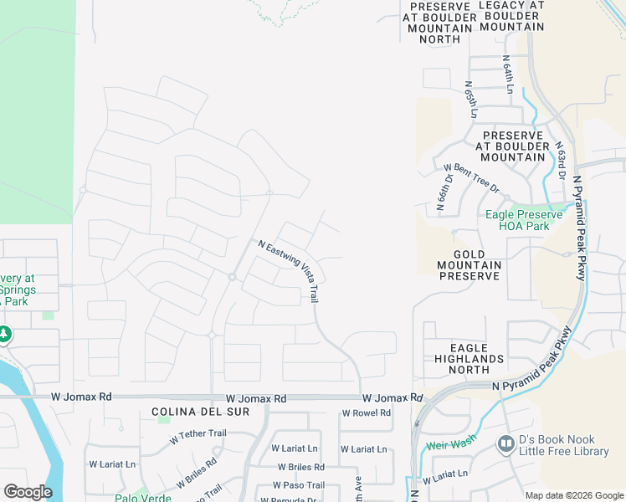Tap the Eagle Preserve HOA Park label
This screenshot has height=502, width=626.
pyautogui.click(x=524, y=220)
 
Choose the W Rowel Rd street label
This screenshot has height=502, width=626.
pyautogui.click(x=367, y=413)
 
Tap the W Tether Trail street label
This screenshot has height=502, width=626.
pyautogui.click(x=198, y=434)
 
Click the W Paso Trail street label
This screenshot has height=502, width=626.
pyautogui.click(x=299, y=485)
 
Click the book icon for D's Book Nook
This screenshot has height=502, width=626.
pyautogui.click(x=505, y=443)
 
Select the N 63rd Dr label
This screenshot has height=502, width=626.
pyautogui.click(x=560, y=159)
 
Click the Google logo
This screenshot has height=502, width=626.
pyautogui.click(x=28, y=492)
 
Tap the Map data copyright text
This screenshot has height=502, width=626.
pyautogui.click(x=573, y=495)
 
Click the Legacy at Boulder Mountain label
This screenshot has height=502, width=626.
pyautogui.click(x=511, y=16)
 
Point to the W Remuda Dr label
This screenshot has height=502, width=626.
pyautogui.click(x=289, y=499)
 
